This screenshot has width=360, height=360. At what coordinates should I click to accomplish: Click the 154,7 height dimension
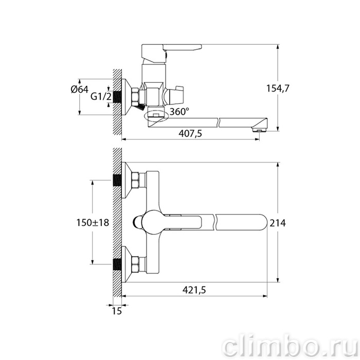click(x=278, y=88)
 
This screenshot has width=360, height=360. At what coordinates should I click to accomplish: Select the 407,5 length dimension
click(x=190, y=133)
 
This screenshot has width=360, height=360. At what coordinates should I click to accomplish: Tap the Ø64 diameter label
click(x=79, y=89)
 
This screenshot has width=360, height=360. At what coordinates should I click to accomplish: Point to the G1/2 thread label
click(x=101, y=97)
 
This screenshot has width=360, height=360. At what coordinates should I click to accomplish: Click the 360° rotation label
click(x=179, y=112)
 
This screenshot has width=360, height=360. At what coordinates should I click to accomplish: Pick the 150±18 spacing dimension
click(x=93, y=223)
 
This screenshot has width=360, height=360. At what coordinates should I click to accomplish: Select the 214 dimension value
click(x=278, y=223)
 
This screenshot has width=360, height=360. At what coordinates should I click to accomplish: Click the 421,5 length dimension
click(x=194, y=290)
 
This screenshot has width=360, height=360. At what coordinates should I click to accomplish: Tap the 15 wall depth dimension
click(x=117, y=311)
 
